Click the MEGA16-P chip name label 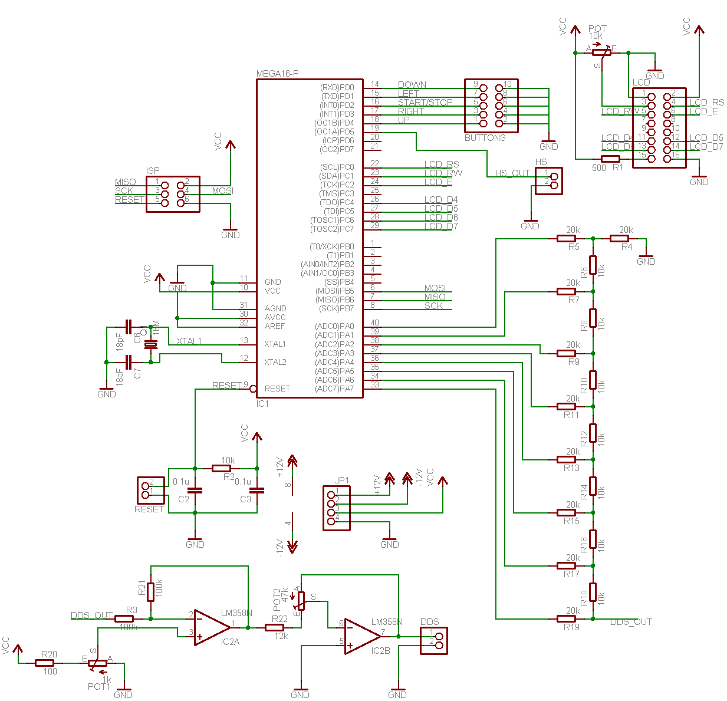(277, 74)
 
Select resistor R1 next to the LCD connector (610, 159)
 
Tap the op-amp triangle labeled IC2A (212, 627)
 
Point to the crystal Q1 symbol (152, 344)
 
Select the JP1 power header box (337, 508)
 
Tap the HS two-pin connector (548, 181)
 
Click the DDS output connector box (433, 641)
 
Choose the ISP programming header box (173, 194)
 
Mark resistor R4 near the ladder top (619, 238)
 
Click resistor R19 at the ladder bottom (567, 618)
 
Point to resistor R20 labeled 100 (45, 663)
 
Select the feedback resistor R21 (151, 591)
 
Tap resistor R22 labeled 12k (275, 628)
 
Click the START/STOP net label (425, 102)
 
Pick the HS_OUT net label (512, 173)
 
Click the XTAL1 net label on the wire (189, 341)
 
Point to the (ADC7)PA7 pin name (334, 389)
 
